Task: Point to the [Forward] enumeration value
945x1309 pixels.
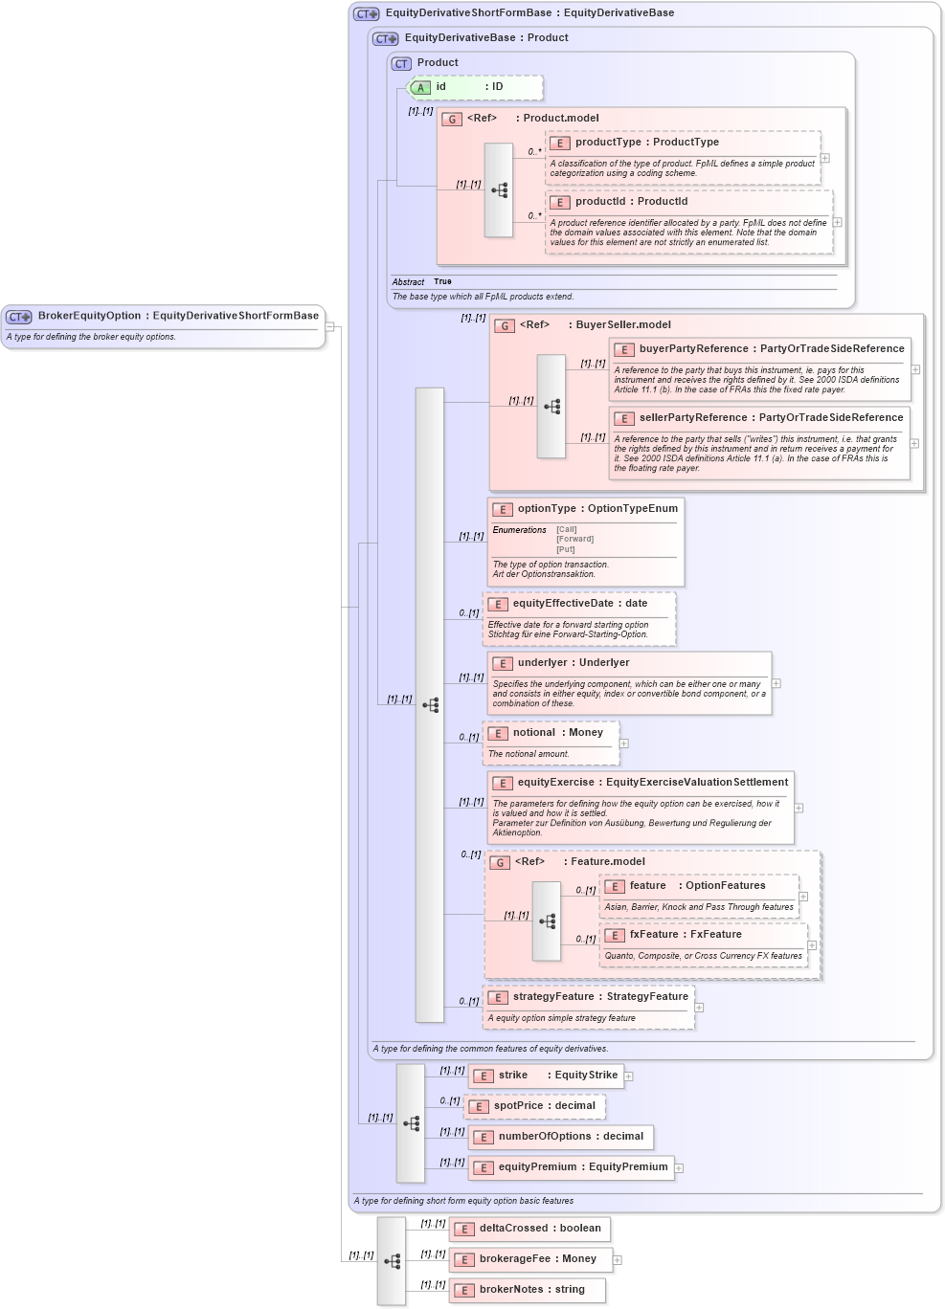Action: [574, 539]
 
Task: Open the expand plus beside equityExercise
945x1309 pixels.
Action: [799, 808]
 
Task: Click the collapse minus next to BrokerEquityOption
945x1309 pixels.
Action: [329, 326]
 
